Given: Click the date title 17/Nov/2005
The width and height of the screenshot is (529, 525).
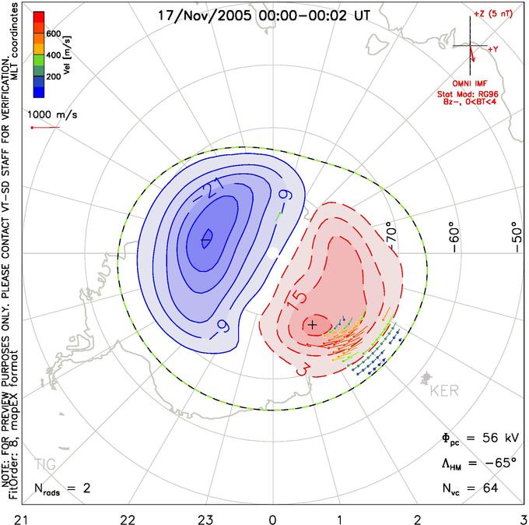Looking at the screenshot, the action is point(205,16).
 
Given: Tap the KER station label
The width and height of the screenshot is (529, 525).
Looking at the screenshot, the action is point(444,391).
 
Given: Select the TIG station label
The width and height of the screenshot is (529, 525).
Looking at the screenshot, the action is point(46,464).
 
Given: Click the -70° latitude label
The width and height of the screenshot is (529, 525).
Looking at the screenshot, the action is point(391,232).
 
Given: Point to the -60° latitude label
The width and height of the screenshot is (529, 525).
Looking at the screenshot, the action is point(454,240).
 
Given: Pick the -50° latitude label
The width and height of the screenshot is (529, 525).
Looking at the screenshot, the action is point(517,237).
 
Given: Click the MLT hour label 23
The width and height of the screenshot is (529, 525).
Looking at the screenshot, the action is point(205,520).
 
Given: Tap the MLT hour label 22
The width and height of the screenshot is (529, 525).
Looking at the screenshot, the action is point(128,520).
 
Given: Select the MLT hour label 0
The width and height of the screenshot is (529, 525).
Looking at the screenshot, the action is point(272,520).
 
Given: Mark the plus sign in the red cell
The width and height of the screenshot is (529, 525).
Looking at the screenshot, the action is point(313,325).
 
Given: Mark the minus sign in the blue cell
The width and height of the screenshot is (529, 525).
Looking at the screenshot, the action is point(205,240).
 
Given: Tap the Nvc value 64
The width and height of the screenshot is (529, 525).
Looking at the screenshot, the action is point(491,488).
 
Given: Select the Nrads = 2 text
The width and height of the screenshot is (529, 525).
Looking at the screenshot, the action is point(62,488).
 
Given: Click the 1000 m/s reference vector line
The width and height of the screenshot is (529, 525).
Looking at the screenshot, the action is point(46,128).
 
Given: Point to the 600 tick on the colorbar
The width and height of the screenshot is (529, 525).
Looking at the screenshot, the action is point(54,33).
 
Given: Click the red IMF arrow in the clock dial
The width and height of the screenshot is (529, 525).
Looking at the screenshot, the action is point(472,54).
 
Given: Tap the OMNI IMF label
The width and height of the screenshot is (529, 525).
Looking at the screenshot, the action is point(470,83).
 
